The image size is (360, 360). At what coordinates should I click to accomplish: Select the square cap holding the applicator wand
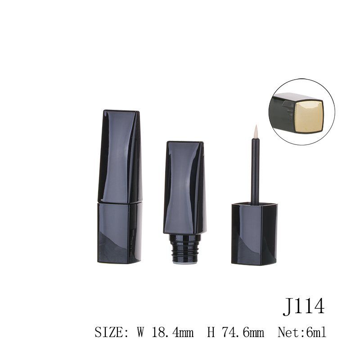coord(254,234)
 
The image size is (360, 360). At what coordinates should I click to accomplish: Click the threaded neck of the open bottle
coord(185,247)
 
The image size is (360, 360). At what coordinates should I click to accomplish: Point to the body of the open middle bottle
coord(184,188)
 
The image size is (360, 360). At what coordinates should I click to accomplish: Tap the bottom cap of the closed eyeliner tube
coord(119,233)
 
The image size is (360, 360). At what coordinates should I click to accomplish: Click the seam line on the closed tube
coord(120,203)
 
